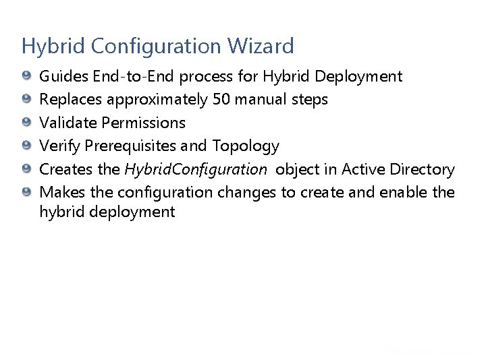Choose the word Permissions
pyautogui.click(x=143, y=123)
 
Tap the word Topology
pyautogui.click(x=246, y=146)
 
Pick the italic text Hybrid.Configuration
pyautogui.click(x=196, y=169)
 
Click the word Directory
pyautogui.click(x=424, y=169)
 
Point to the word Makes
pyautogui.click(x=62, y=192)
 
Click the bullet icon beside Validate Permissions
pyautogui.click(x=26, y=123)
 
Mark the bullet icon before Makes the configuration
pyautogui.click(x=26, y=192)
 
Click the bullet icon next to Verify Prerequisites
pyautogui.click(x=26, y=146)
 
